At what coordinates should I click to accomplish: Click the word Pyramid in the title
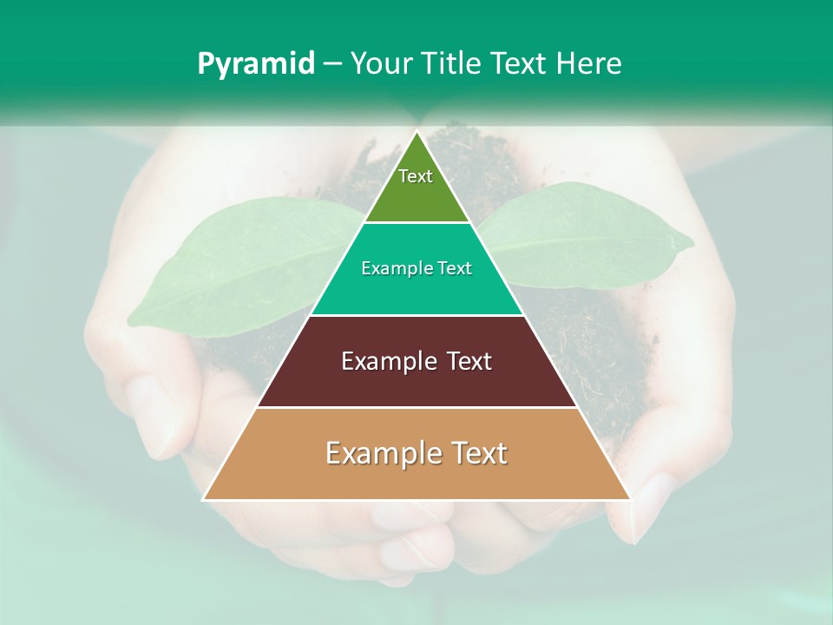click(256, 64)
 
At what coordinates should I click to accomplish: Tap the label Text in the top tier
click(416, 176)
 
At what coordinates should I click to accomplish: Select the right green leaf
click(590, 234)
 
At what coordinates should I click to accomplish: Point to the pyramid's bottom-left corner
click(204, 499)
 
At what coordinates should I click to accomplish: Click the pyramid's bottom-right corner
click(630, 499)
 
